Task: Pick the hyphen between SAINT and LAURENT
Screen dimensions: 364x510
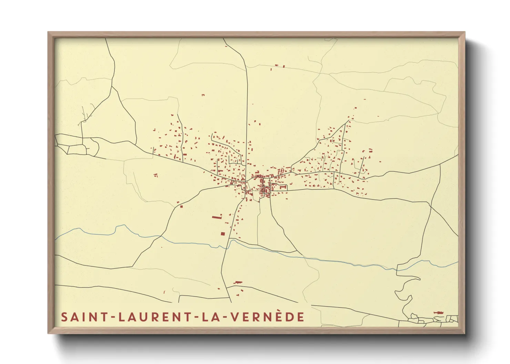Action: pyautogui.click(x=112, y=317)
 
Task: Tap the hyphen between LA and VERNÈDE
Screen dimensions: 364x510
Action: pyautogui.click(x=223, y=317)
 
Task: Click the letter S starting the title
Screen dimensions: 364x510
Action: pyautogui.click(x=64, y=317)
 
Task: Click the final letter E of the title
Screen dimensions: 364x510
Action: pyautogui.click(x=301, y=317)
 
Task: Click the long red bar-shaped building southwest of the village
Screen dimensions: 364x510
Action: pyautogui.click(x=216, y=217)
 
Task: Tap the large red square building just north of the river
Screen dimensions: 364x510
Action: pyautogui.click(x=223, y=234)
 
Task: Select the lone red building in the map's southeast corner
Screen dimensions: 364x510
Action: pyautogui.click(x=438, y=312)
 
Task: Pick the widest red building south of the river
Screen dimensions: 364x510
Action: pyautogui.click(x=238, y=282)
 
